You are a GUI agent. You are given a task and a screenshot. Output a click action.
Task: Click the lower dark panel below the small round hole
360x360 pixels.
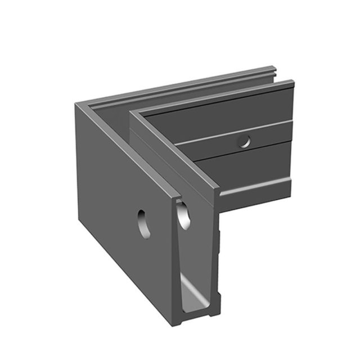pos(247,166)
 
